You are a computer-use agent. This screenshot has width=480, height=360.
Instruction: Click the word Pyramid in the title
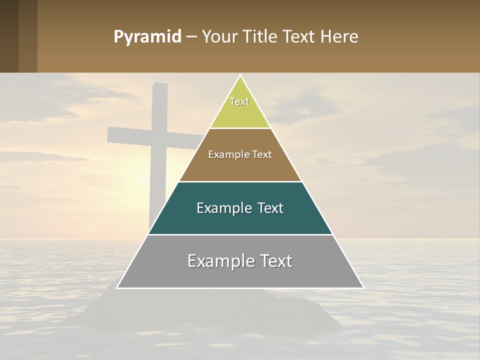coord(147,37)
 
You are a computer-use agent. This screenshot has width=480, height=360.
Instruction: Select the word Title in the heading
coord(263,37)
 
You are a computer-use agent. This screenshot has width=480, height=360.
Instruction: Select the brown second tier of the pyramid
coord(240,167)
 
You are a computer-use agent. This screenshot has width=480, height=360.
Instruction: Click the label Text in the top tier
coord(239,101)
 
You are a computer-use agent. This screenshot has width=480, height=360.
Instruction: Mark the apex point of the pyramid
coord(240,75)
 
